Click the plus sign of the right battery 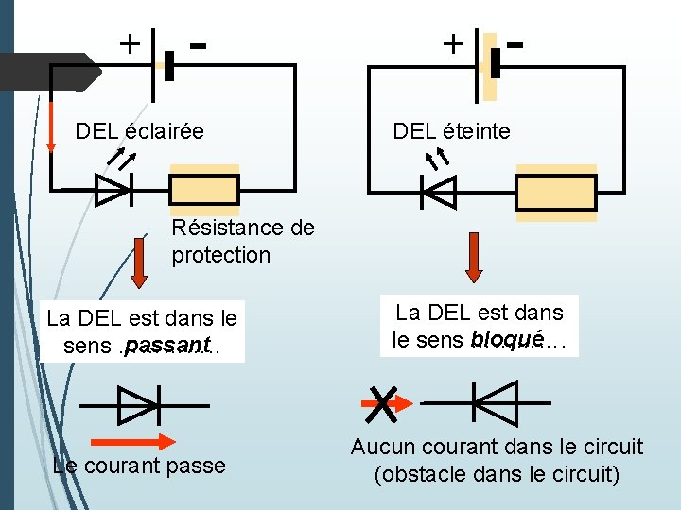[453, 42]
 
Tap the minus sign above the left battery [198, 42]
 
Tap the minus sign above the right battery [515, 42]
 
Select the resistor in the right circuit [556, 192]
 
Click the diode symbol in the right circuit [439, 192]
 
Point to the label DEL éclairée [139, 131]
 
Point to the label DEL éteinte [451, 131]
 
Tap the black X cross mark [382, 404]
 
